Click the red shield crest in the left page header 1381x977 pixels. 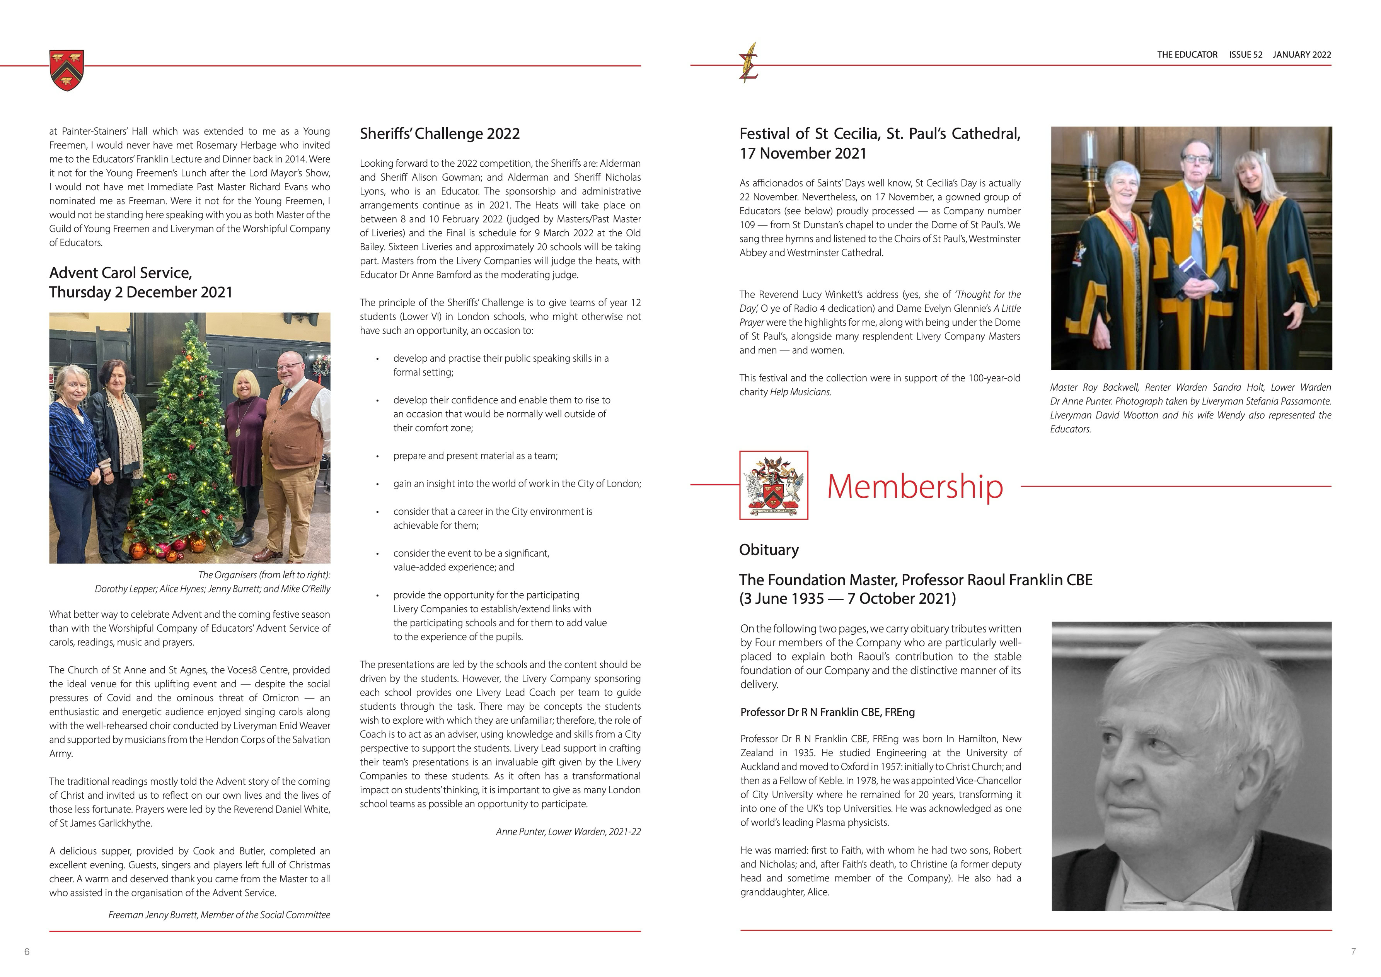(67, 70)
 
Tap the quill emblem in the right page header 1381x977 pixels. (749, 63)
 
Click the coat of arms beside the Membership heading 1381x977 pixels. (774, 485)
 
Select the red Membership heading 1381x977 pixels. (915, 486)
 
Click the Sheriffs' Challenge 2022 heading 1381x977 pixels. (440, 133)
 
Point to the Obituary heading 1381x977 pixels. (769, 550)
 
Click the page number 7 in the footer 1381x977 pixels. (1353, 952)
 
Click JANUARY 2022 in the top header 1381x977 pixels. (1302, 55)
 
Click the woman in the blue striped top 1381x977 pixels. (72, 445)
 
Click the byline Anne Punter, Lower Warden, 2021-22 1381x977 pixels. (568, 832)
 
